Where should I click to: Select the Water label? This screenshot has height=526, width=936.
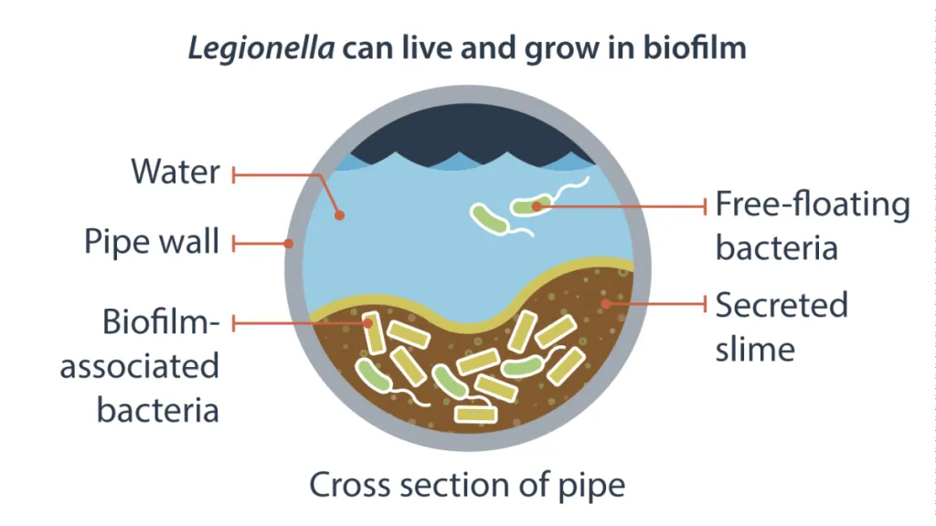pyautogui.click(x=175, y=172)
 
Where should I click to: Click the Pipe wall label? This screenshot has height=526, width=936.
pyautogui.click(x=152, y=242)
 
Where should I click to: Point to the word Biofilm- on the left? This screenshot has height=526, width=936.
pyautogui.click(x=161, y=321)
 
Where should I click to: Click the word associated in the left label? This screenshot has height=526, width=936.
pyautogui.click(x=140, y=366)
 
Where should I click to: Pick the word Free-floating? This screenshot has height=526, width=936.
pyautogui.click(x=812, y=205)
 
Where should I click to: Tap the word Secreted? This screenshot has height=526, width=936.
pyautogui.click(x=782, y=304)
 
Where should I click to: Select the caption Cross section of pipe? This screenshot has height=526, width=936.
pyautogui.click(x=467, y=484)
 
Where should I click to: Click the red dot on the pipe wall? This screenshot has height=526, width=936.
pyautogui.click(x=289, y=244)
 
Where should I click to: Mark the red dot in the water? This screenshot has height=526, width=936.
pyautogui.click(x=339, y=216)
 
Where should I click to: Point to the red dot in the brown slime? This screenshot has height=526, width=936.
pyautogui.click(x=604, y=302)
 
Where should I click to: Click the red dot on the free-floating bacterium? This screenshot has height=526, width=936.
pyautogui.click(x=538, y=208)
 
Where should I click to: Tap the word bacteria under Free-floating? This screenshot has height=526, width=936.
pyautogui.click(x=776, y=248)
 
